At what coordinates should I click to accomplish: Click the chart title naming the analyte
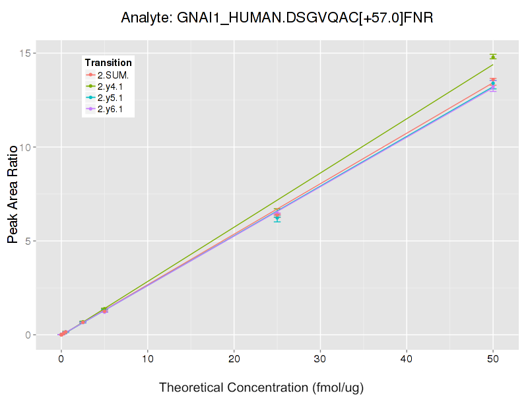(x=277, y=18)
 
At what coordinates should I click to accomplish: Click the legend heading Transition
(x=108, y=63)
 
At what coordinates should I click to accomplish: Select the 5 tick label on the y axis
(x=28, y=241)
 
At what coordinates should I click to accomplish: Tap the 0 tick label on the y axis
(x=28, y=335)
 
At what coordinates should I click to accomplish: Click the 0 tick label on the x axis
(x=61, y=359)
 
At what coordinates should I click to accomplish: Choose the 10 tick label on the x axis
(x=147, y=359)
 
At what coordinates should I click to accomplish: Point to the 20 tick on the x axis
(x=234, y=359)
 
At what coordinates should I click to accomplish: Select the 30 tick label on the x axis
(x=320, y=359)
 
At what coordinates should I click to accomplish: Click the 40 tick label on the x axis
(x=407, y=359)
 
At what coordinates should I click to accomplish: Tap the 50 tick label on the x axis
(x=493, y=359)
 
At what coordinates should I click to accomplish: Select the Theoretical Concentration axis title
(x=262, y=387)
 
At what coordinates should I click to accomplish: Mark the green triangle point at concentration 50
(x=493, y=57)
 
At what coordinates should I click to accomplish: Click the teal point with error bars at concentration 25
(x=277, y=218)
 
